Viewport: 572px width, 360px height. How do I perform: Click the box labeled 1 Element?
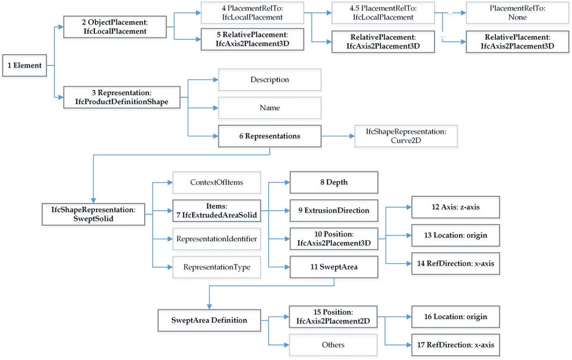(x=25, y=65)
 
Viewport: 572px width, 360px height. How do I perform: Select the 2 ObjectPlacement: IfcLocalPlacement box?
(x=115, y=26)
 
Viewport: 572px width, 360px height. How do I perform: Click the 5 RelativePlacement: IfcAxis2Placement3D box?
(x=252, y=40)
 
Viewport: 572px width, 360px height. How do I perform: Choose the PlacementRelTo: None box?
(x=510, y=13)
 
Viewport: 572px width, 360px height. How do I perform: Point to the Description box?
(x=269, y=79)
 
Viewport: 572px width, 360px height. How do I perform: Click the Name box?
(x=269, y=107)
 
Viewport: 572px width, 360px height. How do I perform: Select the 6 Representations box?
(x=269, y=136)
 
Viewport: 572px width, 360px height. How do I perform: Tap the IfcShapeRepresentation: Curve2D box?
(x=406, y=136)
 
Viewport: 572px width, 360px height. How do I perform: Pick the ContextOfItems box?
(x=216, y=182)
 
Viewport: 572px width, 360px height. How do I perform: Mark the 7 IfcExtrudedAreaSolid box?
(x=216, y=211)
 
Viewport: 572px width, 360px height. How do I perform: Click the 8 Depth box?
(x=333, y=182)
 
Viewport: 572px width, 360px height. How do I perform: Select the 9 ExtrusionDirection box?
(x=333, y=211)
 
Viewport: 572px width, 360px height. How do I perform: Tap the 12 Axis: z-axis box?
(x=455, y=207)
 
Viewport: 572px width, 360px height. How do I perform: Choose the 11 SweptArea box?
(x=333, y=267)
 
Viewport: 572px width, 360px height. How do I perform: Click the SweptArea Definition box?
(x=209, y=320)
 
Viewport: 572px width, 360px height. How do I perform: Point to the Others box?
(x=333, y=345)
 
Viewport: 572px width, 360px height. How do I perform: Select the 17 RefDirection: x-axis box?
(x=455, y=345)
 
